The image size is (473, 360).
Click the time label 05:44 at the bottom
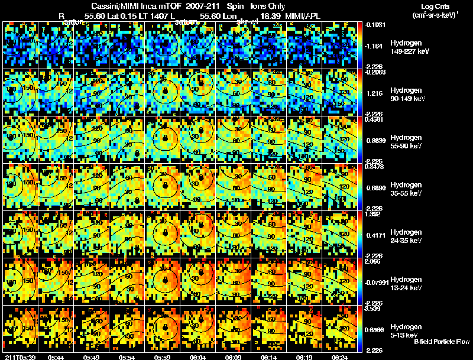click(x=56, y=357)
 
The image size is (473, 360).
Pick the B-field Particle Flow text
click(x=442, y=342)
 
